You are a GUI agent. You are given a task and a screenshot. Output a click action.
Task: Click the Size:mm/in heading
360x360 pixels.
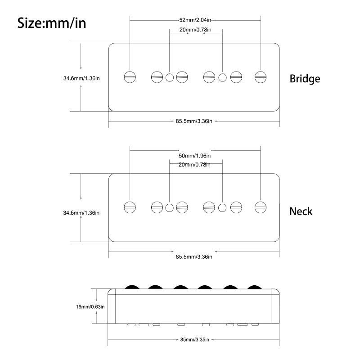tap(52, 23)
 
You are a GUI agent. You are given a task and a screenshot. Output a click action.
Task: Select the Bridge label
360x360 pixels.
tap(305, 79)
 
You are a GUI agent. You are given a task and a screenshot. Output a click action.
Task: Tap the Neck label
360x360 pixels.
tap(301, 211)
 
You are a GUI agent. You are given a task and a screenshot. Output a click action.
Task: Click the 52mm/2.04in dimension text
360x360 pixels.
tap(195, 20)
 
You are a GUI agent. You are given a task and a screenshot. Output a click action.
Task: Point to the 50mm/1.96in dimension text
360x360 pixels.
tap(194, 156)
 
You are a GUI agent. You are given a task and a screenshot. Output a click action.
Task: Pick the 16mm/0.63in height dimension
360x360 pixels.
tap(90, 307)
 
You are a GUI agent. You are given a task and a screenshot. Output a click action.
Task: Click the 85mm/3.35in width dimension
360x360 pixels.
tap(194, 340)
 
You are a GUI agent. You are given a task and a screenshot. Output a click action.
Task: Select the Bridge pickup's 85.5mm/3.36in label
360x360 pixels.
tap(194, 121)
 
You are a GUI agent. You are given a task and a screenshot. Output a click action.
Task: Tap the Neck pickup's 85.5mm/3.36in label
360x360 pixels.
tap(194, 256)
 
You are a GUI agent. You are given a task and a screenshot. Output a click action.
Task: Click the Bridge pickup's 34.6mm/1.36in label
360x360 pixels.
tap(81, 78)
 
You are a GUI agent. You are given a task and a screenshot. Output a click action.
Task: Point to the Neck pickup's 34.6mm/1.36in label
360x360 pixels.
tap(81, 213)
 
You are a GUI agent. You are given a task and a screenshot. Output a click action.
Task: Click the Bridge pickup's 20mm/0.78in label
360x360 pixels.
tap(195, 30)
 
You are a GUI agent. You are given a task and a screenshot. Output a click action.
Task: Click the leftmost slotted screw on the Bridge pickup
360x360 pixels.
tap(130, 77)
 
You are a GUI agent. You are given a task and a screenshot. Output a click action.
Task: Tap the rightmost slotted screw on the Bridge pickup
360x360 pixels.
tap(261, 77)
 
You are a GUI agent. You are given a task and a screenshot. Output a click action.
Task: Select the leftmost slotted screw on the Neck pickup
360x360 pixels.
tap(130, 207)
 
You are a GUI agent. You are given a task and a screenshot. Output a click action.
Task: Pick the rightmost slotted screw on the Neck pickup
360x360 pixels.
tap(261, 207)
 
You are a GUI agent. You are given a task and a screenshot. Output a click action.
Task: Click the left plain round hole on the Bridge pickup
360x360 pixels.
tap(170, 77)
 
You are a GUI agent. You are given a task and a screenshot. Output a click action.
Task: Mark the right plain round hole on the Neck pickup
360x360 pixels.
tap(222, 208)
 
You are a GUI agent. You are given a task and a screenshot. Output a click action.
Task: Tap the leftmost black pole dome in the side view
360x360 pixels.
tap(132, 287)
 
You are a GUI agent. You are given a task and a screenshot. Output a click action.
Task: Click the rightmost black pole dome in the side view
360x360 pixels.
tap(254, 287)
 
